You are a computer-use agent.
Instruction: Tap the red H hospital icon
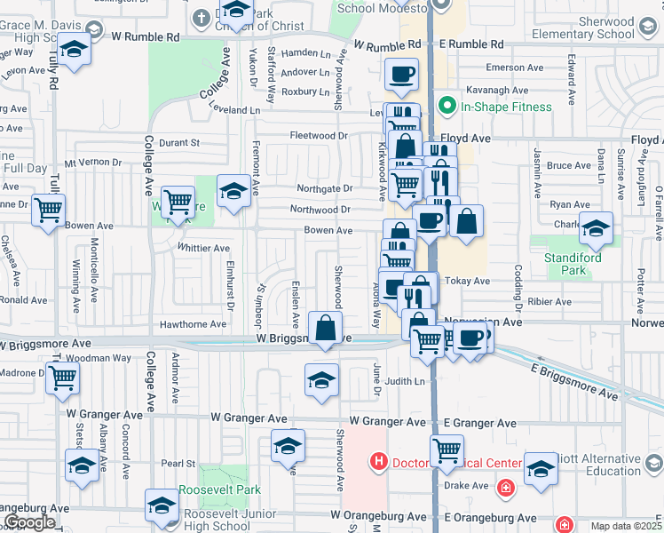379,462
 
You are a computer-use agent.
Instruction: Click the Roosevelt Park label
220,489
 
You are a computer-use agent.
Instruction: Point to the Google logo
28,522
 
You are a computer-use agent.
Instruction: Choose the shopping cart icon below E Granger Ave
447,450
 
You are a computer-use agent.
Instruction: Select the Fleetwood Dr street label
319,136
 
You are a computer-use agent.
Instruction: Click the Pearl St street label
178,463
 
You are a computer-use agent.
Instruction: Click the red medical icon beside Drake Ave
505,488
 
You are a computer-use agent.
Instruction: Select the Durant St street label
180,142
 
